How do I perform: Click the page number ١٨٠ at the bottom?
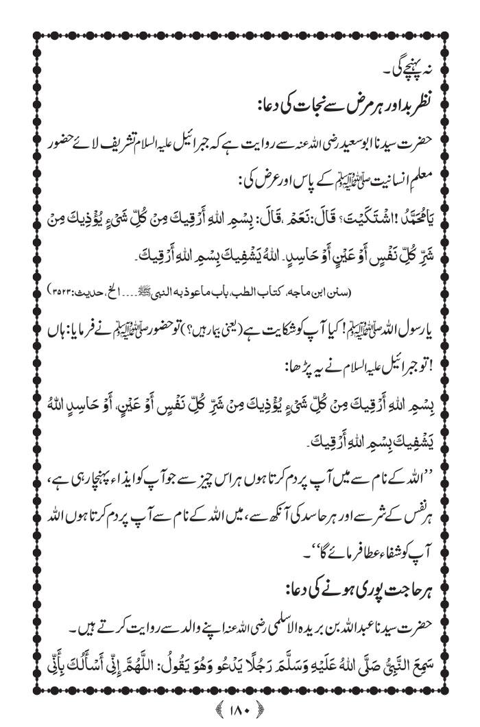239,706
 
